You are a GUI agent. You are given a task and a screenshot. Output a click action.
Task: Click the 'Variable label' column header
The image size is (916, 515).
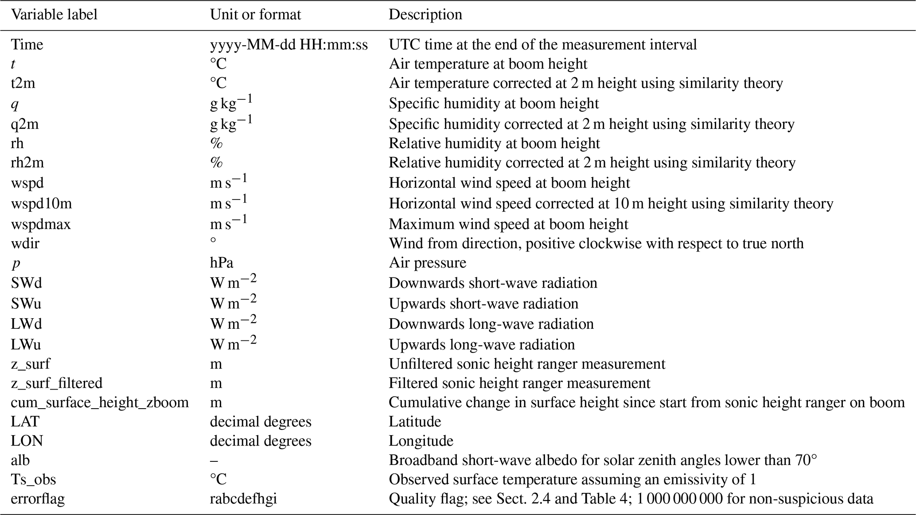pyautogui.click(x=54, y=15)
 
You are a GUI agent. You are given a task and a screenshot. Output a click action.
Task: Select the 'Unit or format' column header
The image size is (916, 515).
pyautogui.click(x=255, y=15)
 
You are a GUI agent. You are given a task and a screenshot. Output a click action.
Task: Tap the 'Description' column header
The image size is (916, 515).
pyautogui.click(x=425, y=15)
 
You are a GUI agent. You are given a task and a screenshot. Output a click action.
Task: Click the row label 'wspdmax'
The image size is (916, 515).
pyautogui.click(x=41, y=224)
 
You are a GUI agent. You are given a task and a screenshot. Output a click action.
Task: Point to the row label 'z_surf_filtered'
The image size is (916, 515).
pyautogui.click(x=57, y=383)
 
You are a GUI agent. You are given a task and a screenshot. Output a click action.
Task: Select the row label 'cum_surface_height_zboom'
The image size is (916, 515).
pyautogui.click(x=100, y=402)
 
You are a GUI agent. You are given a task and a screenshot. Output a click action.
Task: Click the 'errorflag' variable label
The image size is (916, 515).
pyautogui.click(x=38, y=499)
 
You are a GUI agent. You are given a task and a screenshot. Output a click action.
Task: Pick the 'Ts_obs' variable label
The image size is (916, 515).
pyautogui.click(x=33, y=480)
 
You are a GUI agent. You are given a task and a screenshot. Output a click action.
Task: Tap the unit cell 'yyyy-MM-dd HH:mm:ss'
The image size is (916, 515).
pyautogui.click(x=288, y=45)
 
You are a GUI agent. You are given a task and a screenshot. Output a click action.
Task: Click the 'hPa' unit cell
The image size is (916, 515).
pyautogui.click(x=222, y=263)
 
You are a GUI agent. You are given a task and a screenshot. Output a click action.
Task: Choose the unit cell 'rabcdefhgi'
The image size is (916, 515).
pyautogui.click(x=243, y=499)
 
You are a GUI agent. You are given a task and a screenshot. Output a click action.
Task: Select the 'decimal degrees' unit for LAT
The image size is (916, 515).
pyautogui.click(x=261, y=421)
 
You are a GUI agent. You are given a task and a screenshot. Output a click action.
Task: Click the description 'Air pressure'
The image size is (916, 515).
pyautogui.click(x=427, y=263)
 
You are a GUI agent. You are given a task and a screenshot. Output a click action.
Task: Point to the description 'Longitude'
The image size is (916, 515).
pyautogui.click(x=421, y=441)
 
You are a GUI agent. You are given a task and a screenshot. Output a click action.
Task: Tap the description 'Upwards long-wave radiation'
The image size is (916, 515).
pyautogui.click(x=482, y=344)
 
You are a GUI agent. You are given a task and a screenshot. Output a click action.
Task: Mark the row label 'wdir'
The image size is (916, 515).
pyautogui.click(x=25, y=243)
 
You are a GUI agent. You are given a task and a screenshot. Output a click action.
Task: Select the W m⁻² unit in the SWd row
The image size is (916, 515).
pyautogui.click(x=233, y=282)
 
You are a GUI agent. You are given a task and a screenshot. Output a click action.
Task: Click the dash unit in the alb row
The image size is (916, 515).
pyautogui.click(x=214, y=460)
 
